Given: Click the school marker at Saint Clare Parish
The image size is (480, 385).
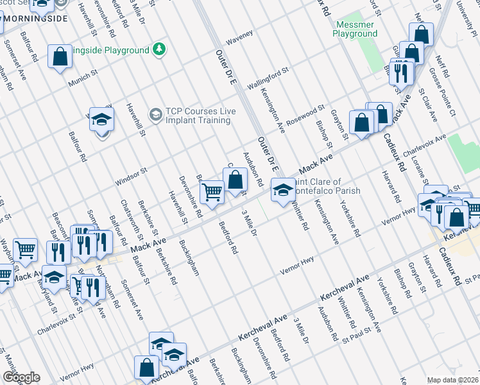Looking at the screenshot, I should [282, 189].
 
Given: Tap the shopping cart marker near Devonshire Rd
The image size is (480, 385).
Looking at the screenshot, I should [211, 191].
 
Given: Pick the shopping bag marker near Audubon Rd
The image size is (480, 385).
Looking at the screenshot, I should [236, 179].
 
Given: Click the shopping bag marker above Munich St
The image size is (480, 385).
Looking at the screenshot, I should [60, 56].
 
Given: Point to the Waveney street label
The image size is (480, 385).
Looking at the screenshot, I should [239, 37].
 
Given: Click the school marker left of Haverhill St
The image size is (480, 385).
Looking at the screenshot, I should [101, 121].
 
